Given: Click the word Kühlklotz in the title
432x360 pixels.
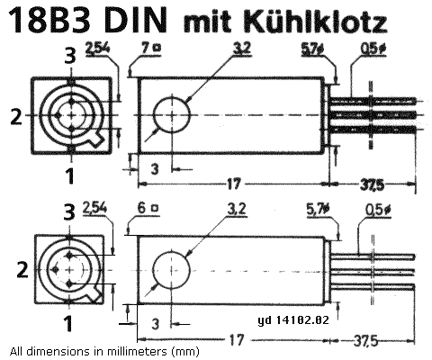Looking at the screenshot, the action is tap(316, 22).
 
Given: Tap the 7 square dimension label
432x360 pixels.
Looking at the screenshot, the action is tap(151, 48).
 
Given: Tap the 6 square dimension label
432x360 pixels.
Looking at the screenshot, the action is tap(148, 208).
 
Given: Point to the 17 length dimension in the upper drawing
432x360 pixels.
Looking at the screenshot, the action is tap(234, 184).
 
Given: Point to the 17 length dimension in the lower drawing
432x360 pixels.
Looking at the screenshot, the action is tap(237, 340).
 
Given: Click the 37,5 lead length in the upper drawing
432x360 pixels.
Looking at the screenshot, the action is tap(372, 184).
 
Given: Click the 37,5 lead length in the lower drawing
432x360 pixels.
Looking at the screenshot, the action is tap(365, 340).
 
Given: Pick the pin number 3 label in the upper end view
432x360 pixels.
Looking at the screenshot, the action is tap(70, 56).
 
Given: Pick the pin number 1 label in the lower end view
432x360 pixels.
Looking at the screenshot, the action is tap(68, 324).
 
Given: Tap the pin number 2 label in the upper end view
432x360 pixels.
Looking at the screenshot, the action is tap(16, 116).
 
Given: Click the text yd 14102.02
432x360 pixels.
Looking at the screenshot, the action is tap(293, 319).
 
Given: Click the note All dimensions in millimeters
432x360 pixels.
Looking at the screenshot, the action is tap(104, 351).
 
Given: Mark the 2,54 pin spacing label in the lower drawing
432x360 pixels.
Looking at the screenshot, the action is tap(94, 208).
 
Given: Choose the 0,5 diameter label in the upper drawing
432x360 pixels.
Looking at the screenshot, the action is tap(373, 49).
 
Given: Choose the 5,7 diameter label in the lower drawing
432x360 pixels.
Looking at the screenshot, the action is tap(319, 209).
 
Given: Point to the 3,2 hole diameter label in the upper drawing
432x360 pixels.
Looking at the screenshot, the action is tap(242, 49).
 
